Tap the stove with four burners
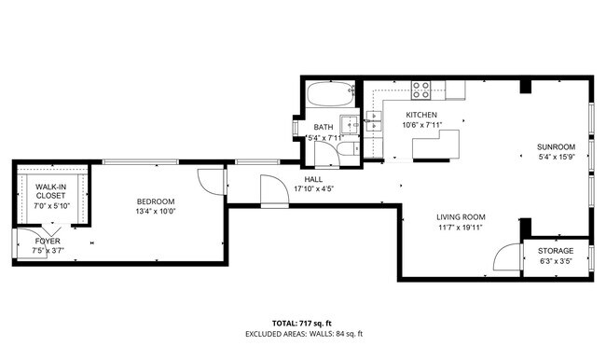(x=421, y=90)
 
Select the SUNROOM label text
(x=556, y=147)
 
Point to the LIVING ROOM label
(x=461, y=217)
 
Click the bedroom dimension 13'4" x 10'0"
(x=156, y=211)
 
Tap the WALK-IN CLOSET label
(x=49, y=192)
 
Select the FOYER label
(x=48, y=241)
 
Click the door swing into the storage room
(x=506, y=257)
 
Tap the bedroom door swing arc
(x=213, y=181)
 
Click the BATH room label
(x=323, y=128)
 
